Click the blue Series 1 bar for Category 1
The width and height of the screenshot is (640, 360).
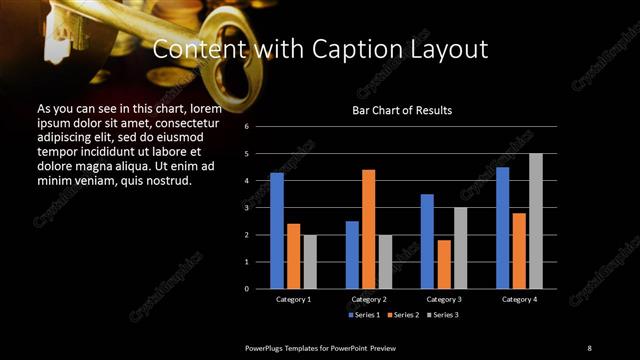(277, 231)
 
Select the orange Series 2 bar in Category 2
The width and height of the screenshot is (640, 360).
(368, 229)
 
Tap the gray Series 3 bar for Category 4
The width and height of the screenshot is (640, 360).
(536, 221)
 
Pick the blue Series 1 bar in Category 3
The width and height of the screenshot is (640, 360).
(427, 241)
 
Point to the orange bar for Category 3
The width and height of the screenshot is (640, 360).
(444, 264)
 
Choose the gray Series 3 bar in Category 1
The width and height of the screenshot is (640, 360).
(309, 262)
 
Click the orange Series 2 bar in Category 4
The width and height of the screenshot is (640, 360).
(519, 250)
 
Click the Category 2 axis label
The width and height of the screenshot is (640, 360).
(369, 299)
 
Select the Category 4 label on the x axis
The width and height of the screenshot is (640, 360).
(519, 299)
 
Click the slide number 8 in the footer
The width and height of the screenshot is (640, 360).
(589, 347)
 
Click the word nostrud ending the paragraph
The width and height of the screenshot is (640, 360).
(163, 181)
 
